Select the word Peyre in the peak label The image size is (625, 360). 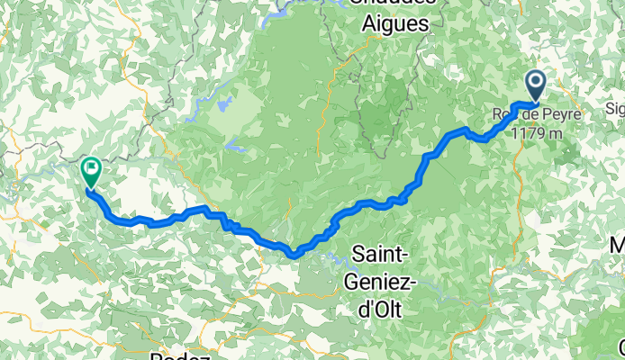(560, 114)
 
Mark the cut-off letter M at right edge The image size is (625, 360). (618, 244)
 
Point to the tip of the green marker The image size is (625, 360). (87, 188)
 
